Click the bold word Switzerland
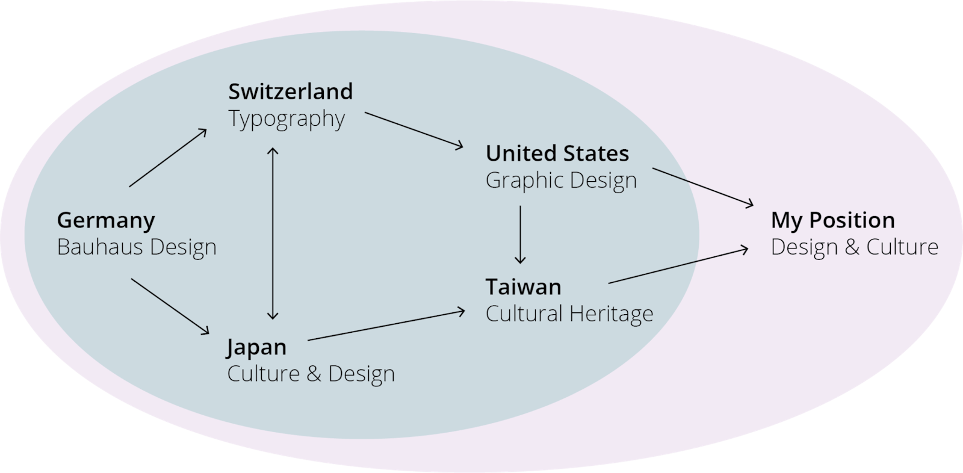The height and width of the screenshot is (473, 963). [x=290, y=91]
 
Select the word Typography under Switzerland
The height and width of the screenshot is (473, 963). [x=286, y=119]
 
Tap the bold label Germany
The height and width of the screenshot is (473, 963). [x=106, y=220]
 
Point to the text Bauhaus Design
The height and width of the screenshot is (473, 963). [x=137, y=247]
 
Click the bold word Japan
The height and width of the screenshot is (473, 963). [x=256, y=347]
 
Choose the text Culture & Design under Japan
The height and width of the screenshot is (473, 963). [x=311, y=374]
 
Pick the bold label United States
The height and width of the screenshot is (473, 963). [x=557, y=153]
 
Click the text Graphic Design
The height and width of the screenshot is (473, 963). [x=561, y=181]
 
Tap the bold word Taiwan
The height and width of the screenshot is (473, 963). [x=523, y=287]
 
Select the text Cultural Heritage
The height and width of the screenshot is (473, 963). [x=569, y=314]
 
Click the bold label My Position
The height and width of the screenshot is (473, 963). [x=832, y=220]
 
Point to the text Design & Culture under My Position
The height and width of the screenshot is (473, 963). [x=854, y=247]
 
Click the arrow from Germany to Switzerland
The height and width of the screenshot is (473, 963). [x=168, y=158]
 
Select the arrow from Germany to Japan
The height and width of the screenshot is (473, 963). [x=170, y=306]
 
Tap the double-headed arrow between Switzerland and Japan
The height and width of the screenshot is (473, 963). [x=273, y=233]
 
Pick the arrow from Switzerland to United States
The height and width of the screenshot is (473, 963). [x=414, y=130]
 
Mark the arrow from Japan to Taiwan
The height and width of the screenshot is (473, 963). [x=386, y=326]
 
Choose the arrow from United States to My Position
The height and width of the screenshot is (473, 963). [x=702, y=187]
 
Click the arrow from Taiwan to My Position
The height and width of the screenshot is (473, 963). [x=678, y=265]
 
